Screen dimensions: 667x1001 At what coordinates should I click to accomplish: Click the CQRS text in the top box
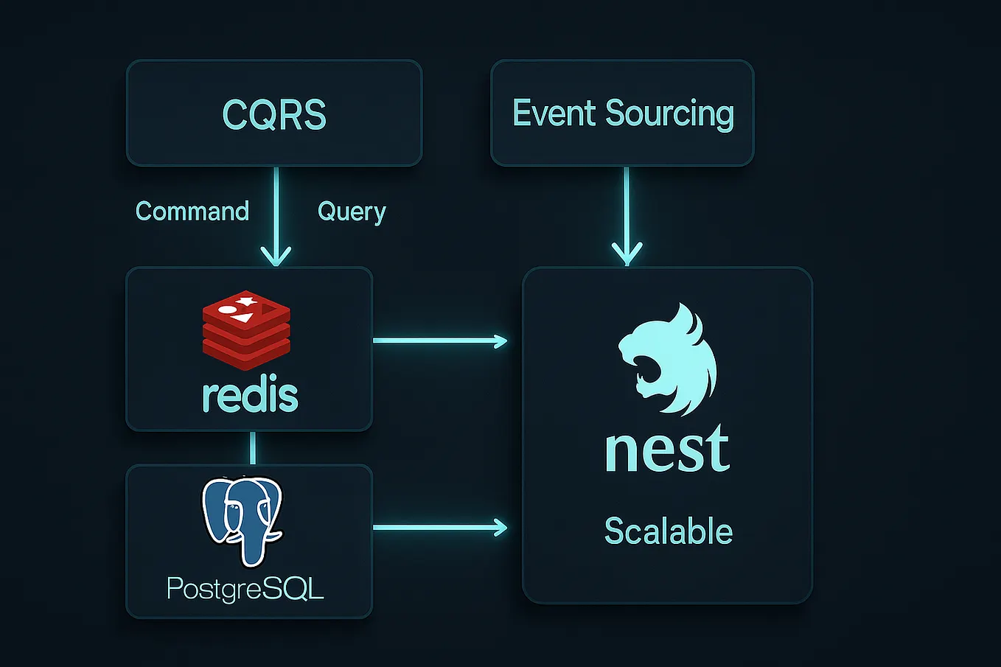click(x=274, y=115)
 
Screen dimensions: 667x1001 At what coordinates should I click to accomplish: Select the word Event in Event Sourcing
click(x=555, y=113)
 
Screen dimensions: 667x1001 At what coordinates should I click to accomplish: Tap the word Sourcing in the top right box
click(x=669, y=114)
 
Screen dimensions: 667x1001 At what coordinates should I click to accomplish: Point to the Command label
click(x=192, y=212)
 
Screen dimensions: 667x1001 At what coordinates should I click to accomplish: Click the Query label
click(x=352, y=212)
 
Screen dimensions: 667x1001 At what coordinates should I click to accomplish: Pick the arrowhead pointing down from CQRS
click(x=276, y=255)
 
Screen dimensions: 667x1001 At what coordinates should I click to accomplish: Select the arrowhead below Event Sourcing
click(x=627, y=254)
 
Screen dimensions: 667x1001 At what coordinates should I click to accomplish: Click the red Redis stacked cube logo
click(x=246, y=329)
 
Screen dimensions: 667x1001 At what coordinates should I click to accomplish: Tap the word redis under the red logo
click(x=250, y=396)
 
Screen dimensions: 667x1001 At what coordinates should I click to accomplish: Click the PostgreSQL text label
click(x=245, y=589)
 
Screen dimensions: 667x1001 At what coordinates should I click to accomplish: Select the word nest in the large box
click(x=667, y=449)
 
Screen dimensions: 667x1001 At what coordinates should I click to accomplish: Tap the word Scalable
click(x=668, y=531)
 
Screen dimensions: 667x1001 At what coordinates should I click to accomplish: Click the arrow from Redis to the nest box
click(x=440, y=341)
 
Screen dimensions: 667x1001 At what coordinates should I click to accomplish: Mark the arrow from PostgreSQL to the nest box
click(x=440, y=527)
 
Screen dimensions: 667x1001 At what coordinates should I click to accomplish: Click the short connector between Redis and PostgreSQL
click(x=253, y=447)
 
